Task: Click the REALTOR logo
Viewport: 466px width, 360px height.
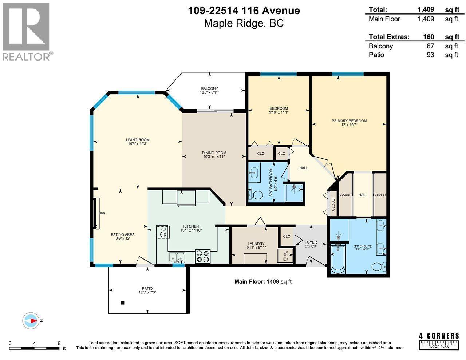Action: click(x=26, y=31)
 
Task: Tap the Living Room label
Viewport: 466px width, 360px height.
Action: click(x=138, y=140)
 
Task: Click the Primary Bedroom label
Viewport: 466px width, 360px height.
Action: click(x=349, y=121)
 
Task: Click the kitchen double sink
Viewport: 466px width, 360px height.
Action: click(x=177, y=257)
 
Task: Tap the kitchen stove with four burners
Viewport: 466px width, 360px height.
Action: click(x=203, y=256)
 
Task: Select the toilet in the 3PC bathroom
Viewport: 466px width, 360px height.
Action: click(x=257, y=195)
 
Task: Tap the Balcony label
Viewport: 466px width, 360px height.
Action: click(x=209, y=88)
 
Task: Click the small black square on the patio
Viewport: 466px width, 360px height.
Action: click(x=123, y=303)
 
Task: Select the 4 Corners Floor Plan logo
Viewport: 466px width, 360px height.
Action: click(x=439, y=340)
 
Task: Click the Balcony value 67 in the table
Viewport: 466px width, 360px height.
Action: click(x=430, y=46)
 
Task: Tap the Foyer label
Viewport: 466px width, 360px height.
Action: click(x=311, y=242)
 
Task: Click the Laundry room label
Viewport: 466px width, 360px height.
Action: click(x=256, y=244)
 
